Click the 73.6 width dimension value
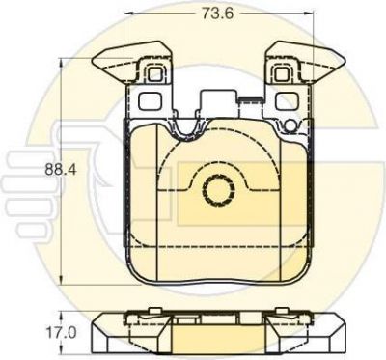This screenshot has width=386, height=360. coord(217,14)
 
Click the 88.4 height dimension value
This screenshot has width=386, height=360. coord(61,170)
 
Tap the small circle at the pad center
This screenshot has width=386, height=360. coord(219,190)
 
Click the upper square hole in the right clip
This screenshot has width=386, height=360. coord(282,74)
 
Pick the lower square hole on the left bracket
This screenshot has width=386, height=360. coord(150,100)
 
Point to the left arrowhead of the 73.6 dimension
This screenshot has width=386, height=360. coord(128,14)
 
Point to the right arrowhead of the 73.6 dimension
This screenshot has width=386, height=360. coord(309,14)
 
